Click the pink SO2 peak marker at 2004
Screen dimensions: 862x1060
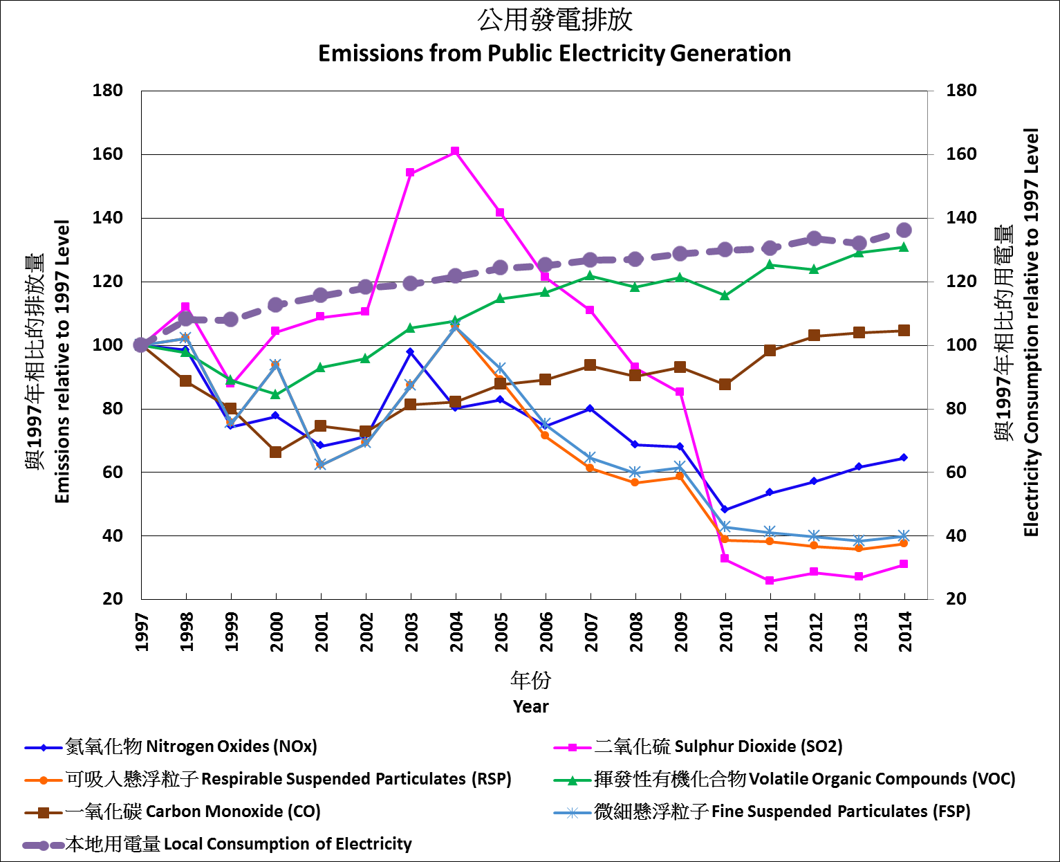(x=455, y=152)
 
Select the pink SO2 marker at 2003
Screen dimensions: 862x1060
(x=410, y=173)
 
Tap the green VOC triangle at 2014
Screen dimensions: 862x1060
(x=904, y=246)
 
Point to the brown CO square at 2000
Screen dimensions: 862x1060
(x=275, y=452)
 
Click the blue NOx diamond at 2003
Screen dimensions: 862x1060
(x=410, y=352)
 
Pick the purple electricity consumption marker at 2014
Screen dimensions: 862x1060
(x=904, y=230)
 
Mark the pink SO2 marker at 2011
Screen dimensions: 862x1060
(x=770, y=580)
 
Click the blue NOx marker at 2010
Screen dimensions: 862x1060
(x=725, y=510)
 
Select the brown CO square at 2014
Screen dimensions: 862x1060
(x=904, y=331)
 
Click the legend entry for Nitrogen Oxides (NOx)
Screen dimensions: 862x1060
(x=191, y=747)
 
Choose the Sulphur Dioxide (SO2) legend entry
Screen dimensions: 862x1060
(x=718, y=747)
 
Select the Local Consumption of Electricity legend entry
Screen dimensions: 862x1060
(x=238, y=844)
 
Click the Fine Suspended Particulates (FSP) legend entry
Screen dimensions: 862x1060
(x=781, y=811)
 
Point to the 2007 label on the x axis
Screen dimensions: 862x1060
(x=591, y=632)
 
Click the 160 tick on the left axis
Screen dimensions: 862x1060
(x=108, y=154)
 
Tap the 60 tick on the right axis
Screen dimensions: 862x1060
(x=956, y=473)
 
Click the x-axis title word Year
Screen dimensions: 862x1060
(x=530, y=707)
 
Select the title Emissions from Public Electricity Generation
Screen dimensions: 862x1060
(x=554, y=53)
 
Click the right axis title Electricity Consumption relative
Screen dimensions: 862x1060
(x=1031, y=332)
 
